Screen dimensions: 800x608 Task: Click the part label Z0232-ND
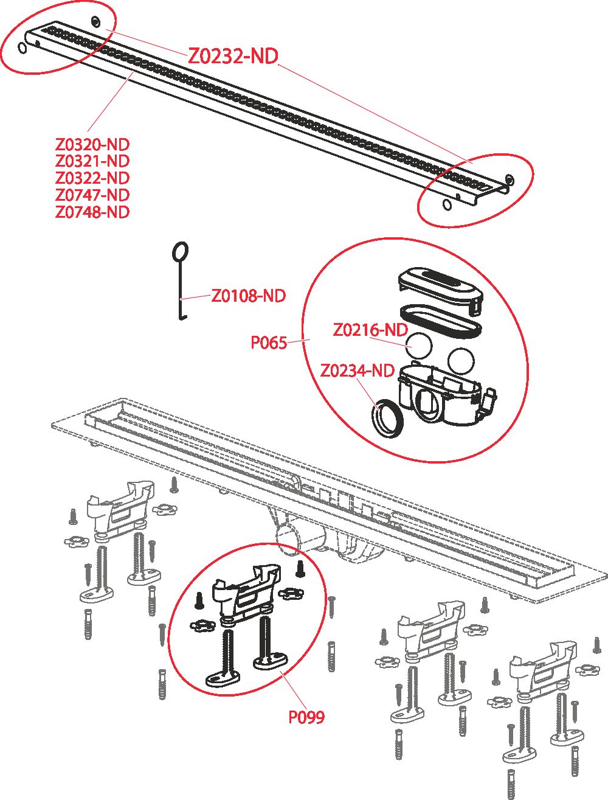click(232, 57)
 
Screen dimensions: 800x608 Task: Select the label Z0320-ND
click(92, 145)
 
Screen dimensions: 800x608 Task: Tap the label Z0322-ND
click(92, 178)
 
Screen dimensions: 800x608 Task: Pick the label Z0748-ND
click(92, 212)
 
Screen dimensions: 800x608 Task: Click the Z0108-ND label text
click(248, 296)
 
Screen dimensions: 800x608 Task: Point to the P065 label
click(269, 343)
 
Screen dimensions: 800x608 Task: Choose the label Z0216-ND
click(370, 330)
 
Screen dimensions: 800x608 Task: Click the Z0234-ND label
click(357, 370)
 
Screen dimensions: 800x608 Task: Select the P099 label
click(306, 717)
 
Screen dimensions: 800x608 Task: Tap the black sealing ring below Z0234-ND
click(387, 418)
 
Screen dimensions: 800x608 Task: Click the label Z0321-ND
click(92, 161)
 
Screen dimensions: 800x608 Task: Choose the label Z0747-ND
click(92, 195)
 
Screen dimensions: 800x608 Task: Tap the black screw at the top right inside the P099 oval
click(299, 568)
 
